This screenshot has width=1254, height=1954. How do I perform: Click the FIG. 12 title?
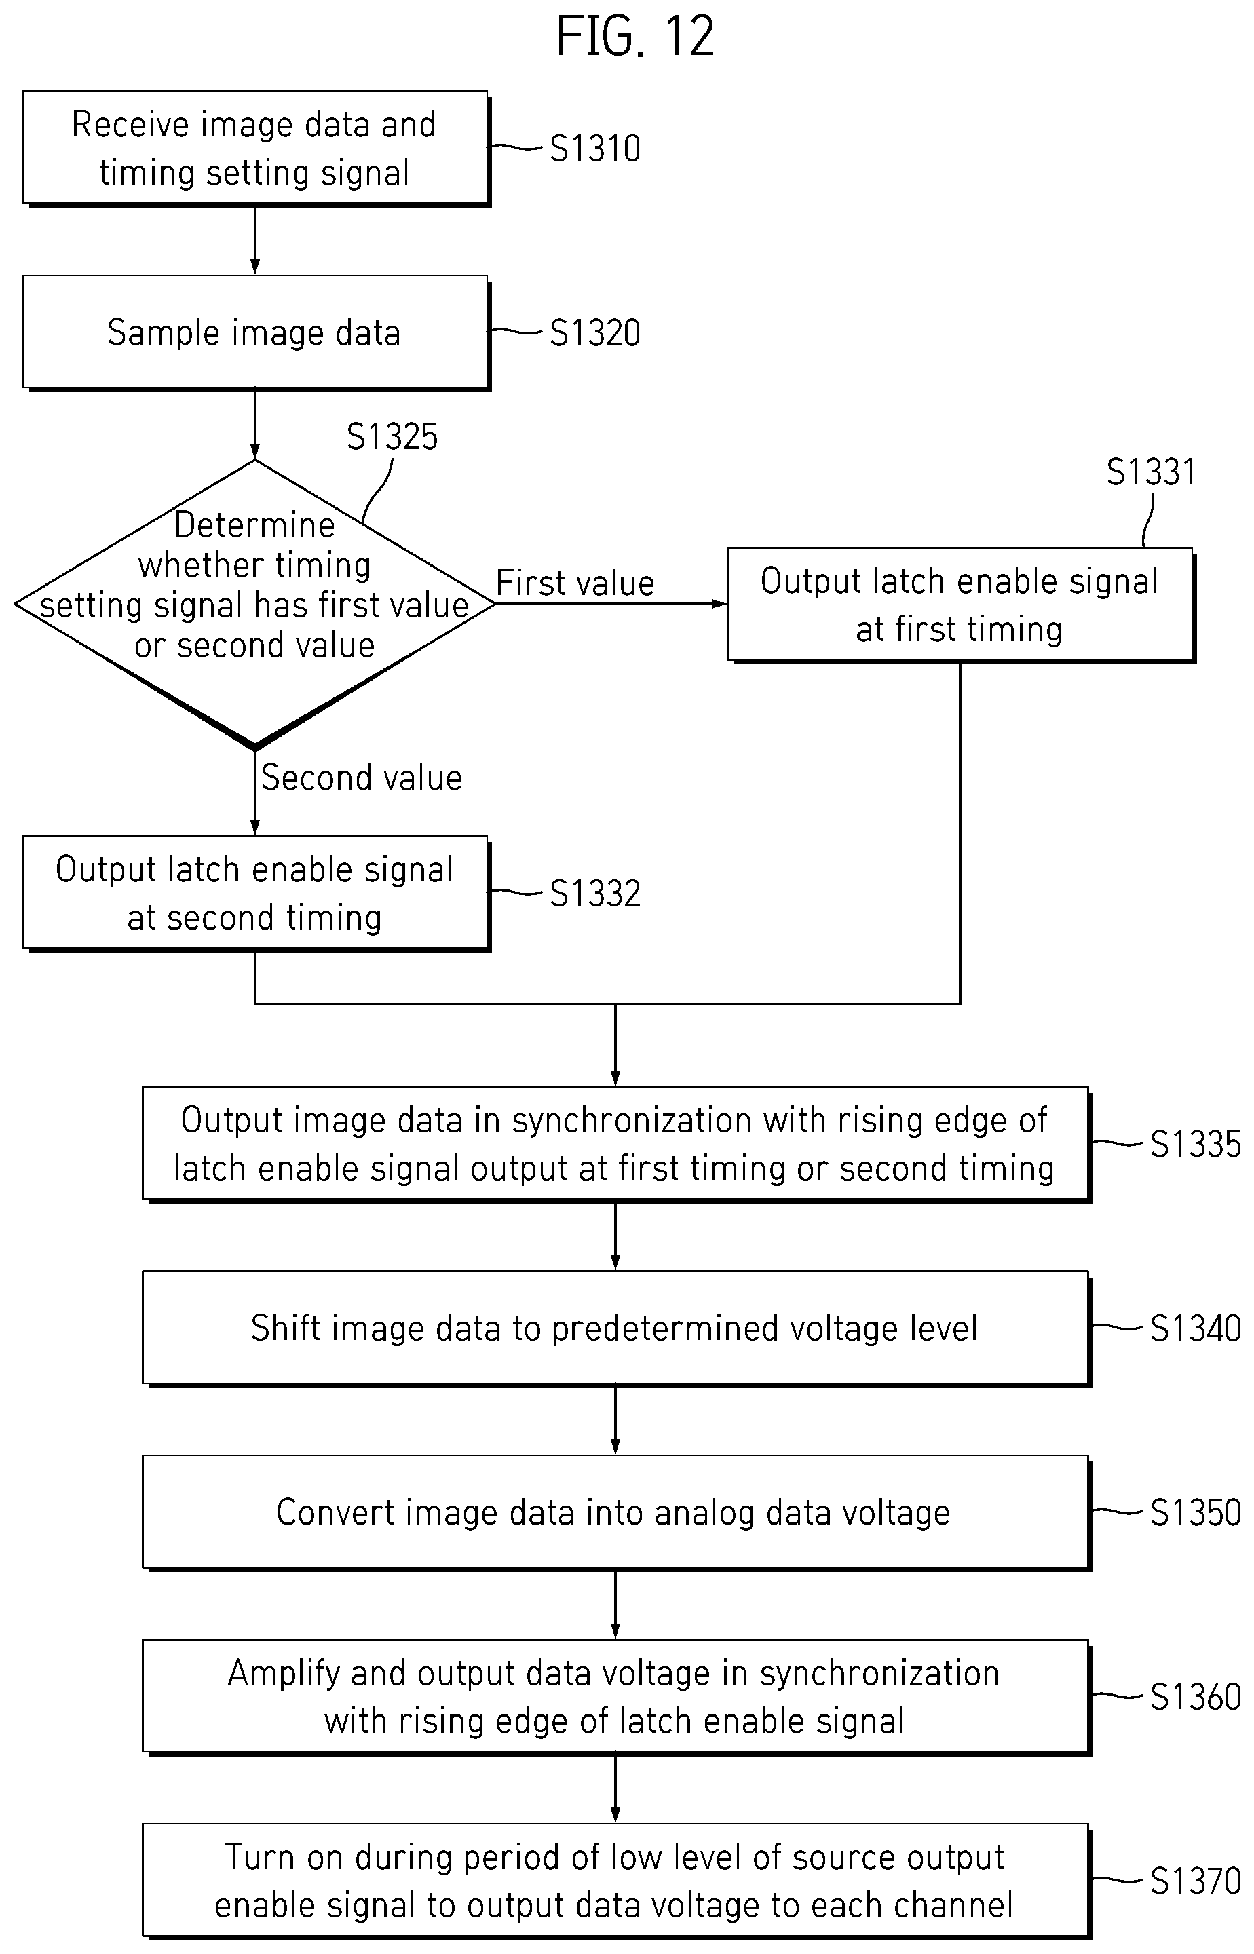635,37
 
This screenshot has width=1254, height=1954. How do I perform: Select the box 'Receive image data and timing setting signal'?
256,148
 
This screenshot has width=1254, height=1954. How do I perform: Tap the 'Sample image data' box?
256,332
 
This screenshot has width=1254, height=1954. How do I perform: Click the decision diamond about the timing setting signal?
255,603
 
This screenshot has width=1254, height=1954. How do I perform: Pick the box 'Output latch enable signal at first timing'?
961,604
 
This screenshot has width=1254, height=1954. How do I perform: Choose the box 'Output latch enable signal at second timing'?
256,893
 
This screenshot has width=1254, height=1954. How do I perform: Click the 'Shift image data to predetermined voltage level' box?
616,1328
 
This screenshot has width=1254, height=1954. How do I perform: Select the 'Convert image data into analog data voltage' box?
616,1512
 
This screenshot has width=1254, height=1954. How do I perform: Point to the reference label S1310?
595,148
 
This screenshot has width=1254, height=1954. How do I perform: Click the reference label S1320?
595,332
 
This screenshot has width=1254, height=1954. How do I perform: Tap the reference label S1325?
392,436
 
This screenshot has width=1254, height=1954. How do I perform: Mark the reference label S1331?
1151,472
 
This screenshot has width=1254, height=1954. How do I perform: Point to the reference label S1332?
595,893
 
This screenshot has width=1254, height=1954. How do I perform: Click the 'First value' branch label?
575,583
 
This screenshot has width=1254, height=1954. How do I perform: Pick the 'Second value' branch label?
362,778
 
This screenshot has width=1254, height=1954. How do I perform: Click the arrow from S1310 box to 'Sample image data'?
255,240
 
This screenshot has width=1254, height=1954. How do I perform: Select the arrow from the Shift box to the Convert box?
615,1420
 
